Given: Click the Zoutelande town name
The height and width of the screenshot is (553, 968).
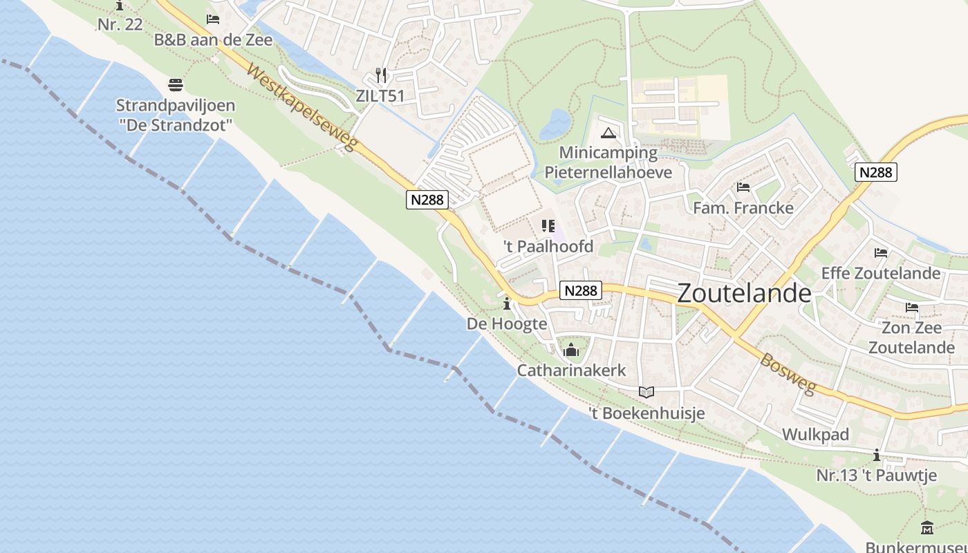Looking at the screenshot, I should [x=744, y=293].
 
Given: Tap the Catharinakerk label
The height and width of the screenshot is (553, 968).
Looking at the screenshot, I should [x=571, y=371].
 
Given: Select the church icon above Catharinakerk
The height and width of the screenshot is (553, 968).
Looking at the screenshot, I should [x=571, y=350].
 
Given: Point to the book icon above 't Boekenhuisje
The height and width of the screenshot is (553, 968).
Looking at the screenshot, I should [x=646, y=393].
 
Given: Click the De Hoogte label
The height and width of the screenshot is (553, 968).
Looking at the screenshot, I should [x=507, y=324].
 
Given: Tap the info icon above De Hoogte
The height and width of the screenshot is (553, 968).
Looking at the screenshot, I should [x=507, y=303].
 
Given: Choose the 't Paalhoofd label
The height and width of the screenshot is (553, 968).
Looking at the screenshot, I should [x=548, y=246].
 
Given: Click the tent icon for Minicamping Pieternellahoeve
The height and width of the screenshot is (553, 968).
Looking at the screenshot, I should [x=608, y=133].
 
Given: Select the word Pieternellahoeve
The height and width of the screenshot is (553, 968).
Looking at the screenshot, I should [x=608, y=171].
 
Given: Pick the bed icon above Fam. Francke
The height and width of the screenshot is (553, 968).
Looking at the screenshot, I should [x=743, y=187].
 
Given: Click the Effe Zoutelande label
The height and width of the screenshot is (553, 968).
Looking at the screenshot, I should [x=881, y=273].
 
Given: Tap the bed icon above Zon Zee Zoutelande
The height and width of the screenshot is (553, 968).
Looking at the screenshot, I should [x=912, y=308].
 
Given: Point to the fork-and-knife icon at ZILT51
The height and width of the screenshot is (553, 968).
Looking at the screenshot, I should [x=380, y=75].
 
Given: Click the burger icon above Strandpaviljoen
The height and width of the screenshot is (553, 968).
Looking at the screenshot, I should [x=176, y=85].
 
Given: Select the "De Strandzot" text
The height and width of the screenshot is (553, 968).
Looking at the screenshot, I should [x=176, y=126].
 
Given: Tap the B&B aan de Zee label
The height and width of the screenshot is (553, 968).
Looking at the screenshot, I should [x=213, y=40].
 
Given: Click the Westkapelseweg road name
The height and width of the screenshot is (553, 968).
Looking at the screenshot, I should [x=302, y=107].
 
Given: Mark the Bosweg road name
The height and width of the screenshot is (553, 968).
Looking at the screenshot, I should [x=788, y=373].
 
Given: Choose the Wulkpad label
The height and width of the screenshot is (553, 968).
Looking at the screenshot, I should [x=815, y=435].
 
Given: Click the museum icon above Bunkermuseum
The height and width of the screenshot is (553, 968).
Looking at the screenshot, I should [x=927, y=528].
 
